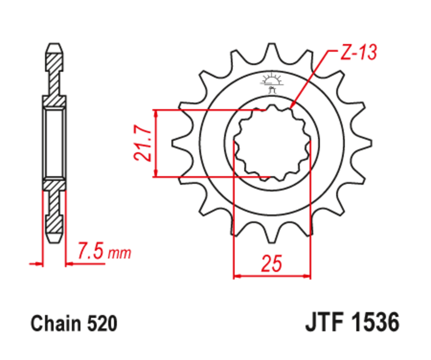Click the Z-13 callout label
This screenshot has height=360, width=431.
[x=359, y=53]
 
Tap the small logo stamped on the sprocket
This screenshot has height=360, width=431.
[x=272, y=82]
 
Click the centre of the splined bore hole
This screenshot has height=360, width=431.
[x=272, y=143]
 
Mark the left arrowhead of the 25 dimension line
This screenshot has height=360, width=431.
[x=237, y=276]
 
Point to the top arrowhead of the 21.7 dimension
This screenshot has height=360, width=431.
[x=156, y=113]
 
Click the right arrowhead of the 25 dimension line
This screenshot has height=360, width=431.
[x=307, y=276]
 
